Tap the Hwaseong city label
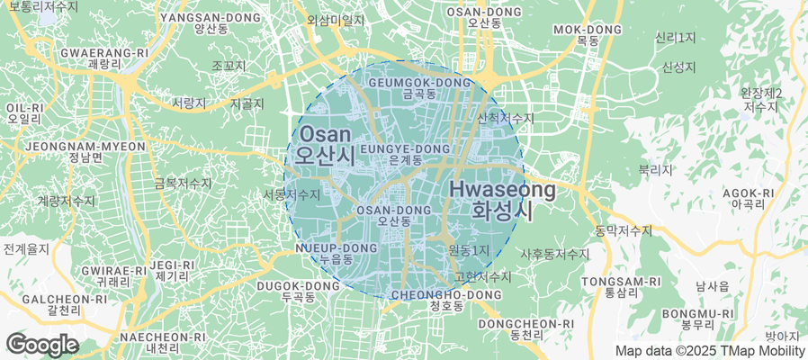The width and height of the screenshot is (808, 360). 501,200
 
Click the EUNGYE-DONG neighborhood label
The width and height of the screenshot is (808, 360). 405,153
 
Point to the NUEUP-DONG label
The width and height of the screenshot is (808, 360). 336,253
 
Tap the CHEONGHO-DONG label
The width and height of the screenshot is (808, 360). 446,300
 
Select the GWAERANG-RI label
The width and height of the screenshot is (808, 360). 104,58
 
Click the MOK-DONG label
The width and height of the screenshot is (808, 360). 588,35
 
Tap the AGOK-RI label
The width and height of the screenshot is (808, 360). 748,198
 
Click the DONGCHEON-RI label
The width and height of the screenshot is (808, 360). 526,328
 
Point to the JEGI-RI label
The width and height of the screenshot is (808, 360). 171,270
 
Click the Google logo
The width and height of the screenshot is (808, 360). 41,344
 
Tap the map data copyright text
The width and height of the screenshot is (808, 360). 709,351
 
